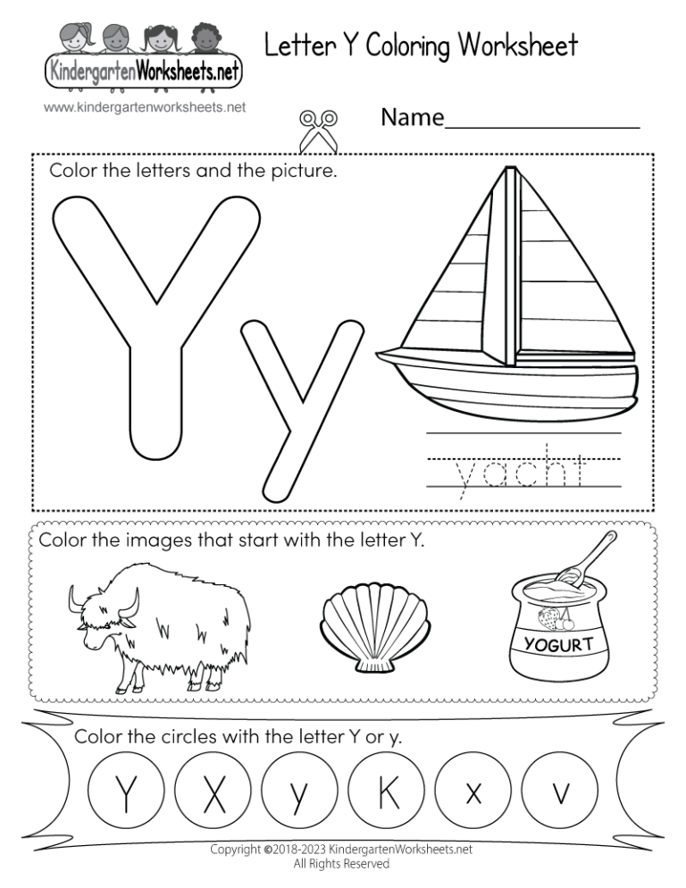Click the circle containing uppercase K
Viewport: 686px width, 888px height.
387,792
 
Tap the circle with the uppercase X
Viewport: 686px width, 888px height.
214,792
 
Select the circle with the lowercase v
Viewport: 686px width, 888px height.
561,792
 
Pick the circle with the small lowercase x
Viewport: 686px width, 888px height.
473,792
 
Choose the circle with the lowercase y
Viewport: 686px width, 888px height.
300,792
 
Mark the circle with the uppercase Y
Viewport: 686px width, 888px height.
128,792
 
